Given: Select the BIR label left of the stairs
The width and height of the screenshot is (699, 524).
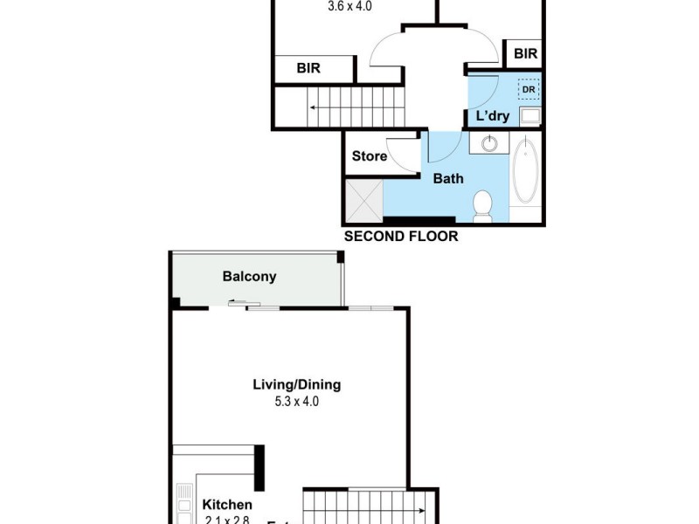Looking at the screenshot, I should pyautogui.click(x=308, y=67).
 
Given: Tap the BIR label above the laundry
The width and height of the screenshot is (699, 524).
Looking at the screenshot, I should pyautogui.click(x=525, y=54).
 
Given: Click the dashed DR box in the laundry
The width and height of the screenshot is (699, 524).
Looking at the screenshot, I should pyautogui.click(x=528, y=88).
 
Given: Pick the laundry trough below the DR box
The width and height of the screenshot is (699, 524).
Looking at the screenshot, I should pyautogui.click(x=529, y=116).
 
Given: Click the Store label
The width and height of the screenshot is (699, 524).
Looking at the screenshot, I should pyautogui.click(x=369, y=156).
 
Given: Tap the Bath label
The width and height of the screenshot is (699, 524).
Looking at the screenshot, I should pyautogui.click(x=449, y=178).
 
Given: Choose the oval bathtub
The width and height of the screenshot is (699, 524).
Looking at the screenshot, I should pyautogui.click(x=526, y=169).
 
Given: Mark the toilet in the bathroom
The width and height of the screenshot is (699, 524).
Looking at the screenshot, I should pyautogui.click(x=482, y=205).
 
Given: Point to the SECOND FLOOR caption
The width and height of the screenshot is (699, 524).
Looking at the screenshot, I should pyautogui.click(x=400, y=236).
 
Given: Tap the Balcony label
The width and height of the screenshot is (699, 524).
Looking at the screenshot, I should pyautogui.click(x=249, y=277).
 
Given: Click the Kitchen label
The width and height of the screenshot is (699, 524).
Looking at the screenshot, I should pyautogui.click(x=227, y=505).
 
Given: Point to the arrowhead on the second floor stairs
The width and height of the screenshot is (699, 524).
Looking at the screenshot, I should pyautogui.click(x=312, y=108).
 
